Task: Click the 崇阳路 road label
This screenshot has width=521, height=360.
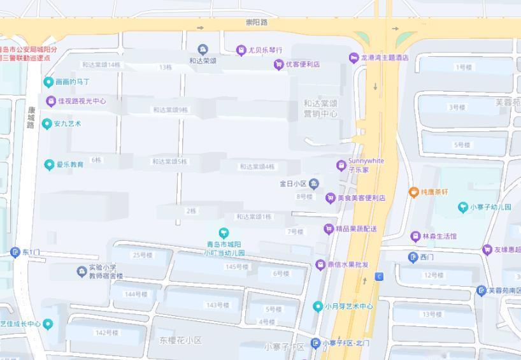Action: pyautogui.click(x=257, y=22)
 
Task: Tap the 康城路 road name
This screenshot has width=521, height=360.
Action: pyautogui.click(x=31, y=117)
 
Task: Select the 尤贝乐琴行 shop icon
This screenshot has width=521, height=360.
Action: pyautogui.click(x=241, y=50)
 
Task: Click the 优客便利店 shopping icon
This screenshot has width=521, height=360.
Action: pyautogui.click(x=278, y=64)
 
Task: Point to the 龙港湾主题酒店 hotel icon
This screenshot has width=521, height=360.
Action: pyautogui.click(x=353, y=58)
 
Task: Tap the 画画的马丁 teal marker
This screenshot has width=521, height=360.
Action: pyautogui.click(x=48, y=82)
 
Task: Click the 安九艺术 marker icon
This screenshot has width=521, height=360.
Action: pyautogui.click(x=46, y=124)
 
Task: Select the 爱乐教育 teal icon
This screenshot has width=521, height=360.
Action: pyautogui.click(x=49, y=165)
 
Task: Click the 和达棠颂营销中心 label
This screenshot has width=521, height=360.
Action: pyautogui.click(x=320, y=108)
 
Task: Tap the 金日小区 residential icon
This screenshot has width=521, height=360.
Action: pyautogui.click(x=314, y=184)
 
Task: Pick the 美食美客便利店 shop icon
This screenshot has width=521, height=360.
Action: pyautogui.click(x=330, y=198)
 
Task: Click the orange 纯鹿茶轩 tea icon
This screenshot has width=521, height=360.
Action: pyautogui.click(x=413, y=192)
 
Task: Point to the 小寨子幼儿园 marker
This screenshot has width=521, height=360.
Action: pyautogui.click(x=463, y=207)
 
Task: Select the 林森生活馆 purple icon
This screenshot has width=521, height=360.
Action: pyautogui.click(x=415, y=236)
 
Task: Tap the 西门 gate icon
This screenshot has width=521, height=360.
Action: pyautogui.click(x=413, y=257)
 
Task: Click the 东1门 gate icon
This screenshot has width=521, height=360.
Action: pyautogui.click(x=15, y=252)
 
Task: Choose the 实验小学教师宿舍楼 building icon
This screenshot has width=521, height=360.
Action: pyautogui.click(x=82, y=272)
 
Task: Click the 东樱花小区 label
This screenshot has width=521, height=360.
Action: pyautogui.click(x=180, y=341)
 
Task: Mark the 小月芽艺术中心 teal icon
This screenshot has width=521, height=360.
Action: pyautogui.click(x=318, y=306)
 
